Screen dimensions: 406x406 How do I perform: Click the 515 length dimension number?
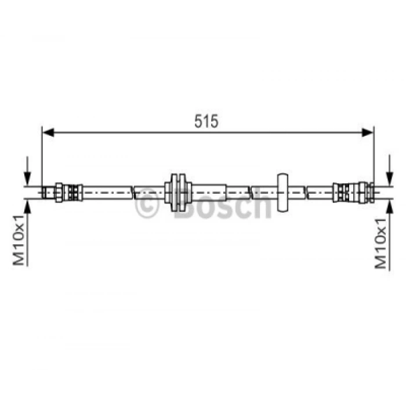pyautogui.click(x=206, y=121)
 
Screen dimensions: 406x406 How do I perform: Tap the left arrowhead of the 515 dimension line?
pyautogui.click(x=48, y=132)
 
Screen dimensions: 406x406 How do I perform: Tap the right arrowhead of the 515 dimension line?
pyautogui.click(x=368, y=132)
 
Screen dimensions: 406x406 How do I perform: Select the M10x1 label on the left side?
pyautogui.click(x=19, y=240)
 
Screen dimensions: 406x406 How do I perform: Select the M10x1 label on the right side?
pyautogui.click(x=380, y=244)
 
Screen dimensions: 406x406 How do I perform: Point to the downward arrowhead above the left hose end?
pyautogui.click(x=27, y=179)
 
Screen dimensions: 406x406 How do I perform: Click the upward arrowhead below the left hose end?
pyautogui.click(x=27, y=206)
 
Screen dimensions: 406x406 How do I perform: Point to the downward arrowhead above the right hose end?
pyautogui.click(x=389, y=179)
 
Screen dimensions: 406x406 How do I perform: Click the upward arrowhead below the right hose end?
pyautogui.click(x=389, y=206)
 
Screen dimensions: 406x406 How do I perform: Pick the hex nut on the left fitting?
pyautogui.click(x=59, y=193)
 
